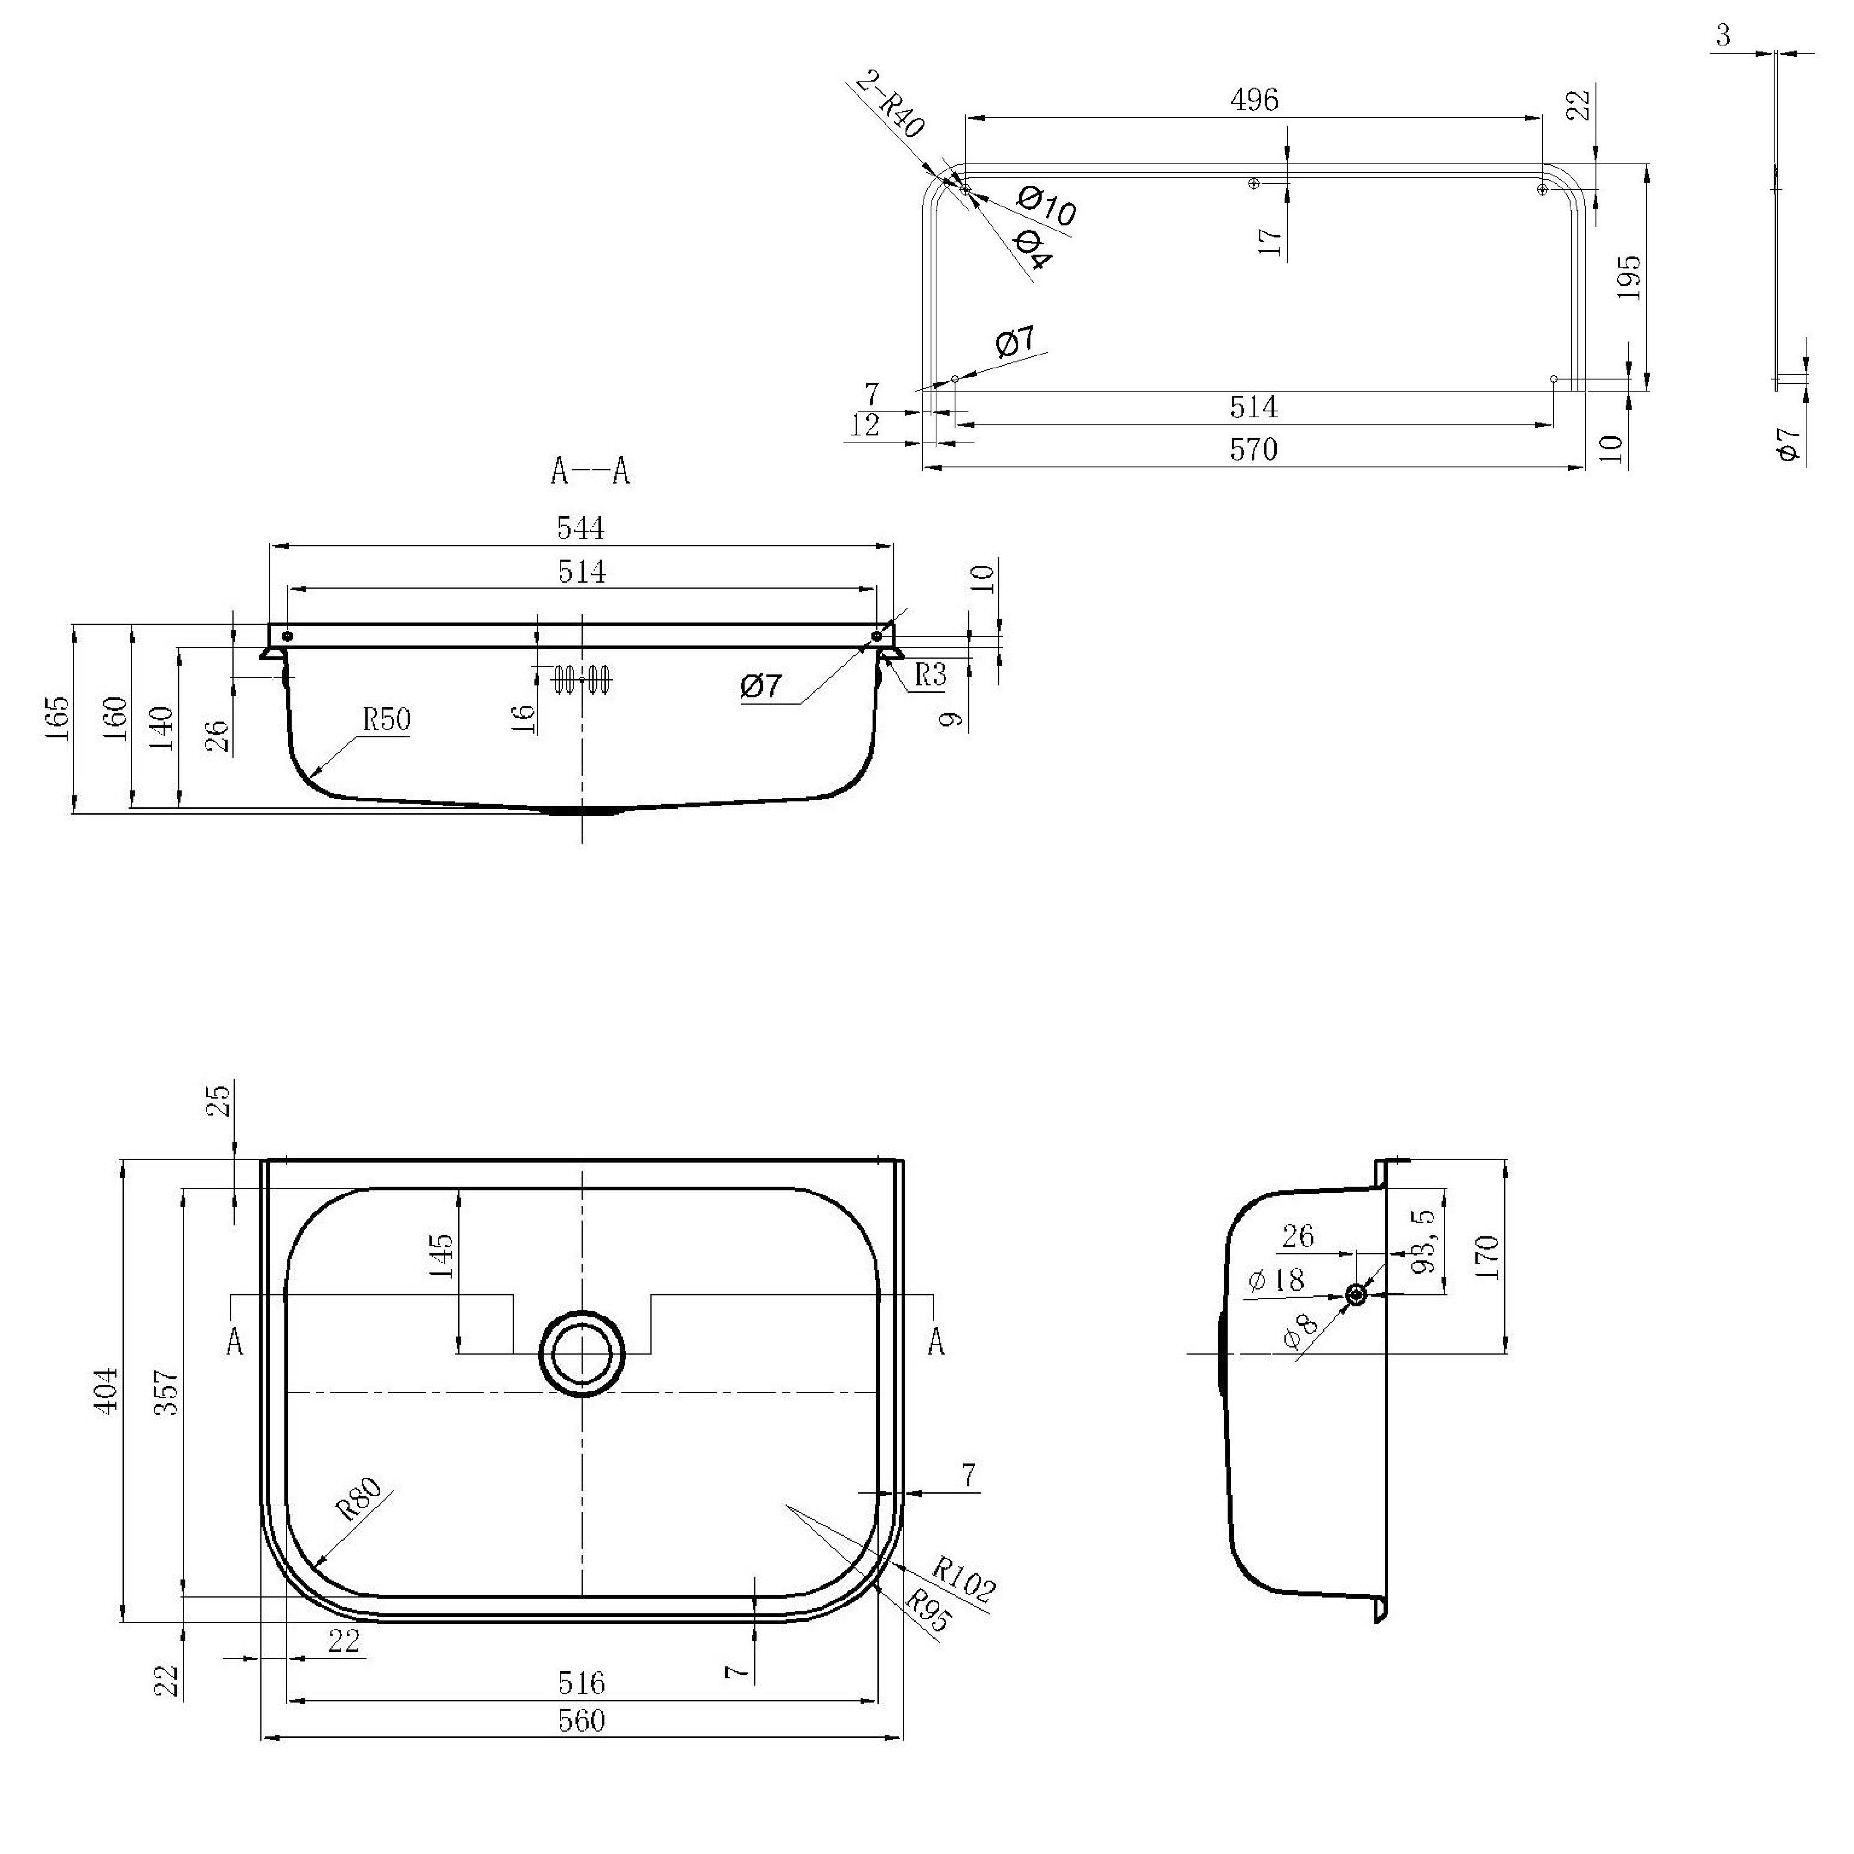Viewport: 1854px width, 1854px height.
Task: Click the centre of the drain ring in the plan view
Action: point(581,1352)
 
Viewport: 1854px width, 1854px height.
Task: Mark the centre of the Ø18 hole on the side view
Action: point(1355,1295)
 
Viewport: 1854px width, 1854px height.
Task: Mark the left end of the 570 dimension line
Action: point(923,467)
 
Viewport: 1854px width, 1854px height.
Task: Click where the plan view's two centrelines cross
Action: point(581,1392)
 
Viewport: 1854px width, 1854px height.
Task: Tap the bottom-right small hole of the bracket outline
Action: point(1554,379)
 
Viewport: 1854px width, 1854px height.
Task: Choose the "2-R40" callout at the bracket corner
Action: point(889,103)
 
